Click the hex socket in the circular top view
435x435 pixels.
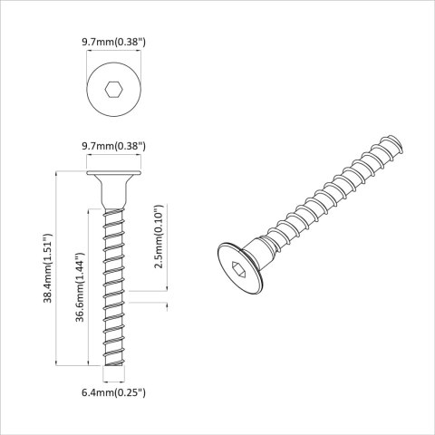[114, 90]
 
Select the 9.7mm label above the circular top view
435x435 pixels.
[114, 41]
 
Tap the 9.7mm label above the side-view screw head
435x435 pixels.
[114, 145]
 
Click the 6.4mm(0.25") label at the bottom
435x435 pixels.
[114, 392]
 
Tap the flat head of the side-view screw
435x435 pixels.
[114, 173]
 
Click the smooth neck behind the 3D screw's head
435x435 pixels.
[264, 244]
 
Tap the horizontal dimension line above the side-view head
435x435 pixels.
[114, 158]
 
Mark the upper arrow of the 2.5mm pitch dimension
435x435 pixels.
[168, 291]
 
